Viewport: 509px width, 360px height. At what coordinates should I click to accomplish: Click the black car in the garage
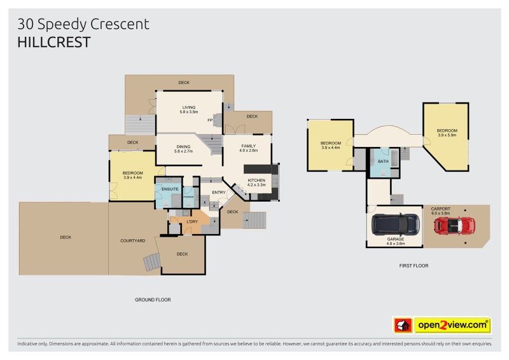(395, 223)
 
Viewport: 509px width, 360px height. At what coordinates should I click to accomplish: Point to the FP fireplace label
(210, 120)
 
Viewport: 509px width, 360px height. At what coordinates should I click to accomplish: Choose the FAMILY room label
(248, 146)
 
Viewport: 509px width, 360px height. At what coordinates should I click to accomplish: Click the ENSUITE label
(169, 189)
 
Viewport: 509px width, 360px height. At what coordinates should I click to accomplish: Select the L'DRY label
(192, 221)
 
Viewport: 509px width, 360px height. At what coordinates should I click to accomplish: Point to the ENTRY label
(219, 193)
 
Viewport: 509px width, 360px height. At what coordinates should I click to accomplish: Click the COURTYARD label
(133, 241)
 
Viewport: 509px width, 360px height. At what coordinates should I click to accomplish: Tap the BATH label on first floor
(382, 162)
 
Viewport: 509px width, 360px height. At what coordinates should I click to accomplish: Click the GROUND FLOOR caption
(153, 300)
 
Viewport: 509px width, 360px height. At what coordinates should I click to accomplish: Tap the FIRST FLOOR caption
(413, 265)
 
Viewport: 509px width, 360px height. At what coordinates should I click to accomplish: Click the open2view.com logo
(452, 326)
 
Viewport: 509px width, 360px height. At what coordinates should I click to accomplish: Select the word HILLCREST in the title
(54, 43)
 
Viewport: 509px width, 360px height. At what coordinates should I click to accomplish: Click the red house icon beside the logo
(403, 326)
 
